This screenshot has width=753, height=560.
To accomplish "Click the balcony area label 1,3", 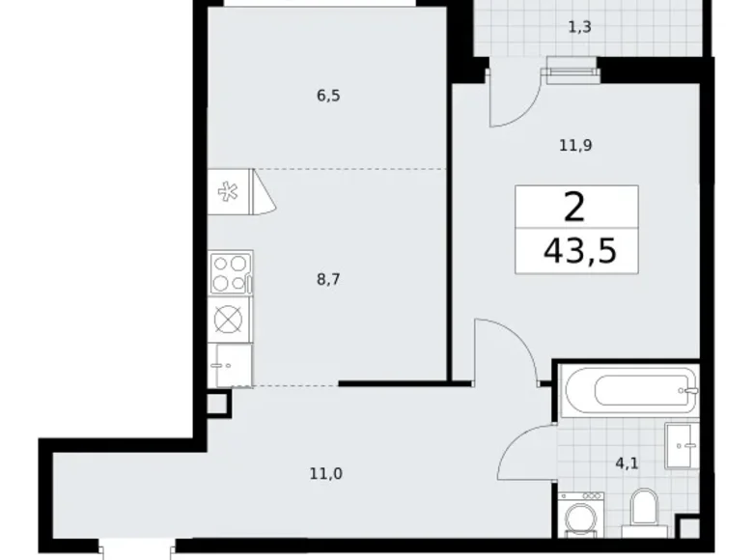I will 580,28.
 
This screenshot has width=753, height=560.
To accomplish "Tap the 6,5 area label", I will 328,96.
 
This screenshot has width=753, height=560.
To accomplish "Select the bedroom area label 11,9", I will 575,146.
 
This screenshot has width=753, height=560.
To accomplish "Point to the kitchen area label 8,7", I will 328,279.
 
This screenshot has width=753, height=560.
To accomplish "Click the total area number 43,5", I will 579,253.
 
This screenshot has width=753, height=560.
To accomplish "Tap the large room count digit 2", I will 576,205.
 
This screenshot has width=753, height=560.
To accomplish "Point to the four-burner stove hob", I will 231,272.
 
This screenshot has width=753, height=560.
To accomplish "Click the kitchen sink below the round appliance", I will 231,364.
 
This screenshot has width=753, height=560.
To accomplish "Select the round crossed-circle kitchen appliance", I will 231,319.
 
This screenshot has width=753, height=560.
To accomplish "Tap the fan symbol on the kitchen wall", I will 229,191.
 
